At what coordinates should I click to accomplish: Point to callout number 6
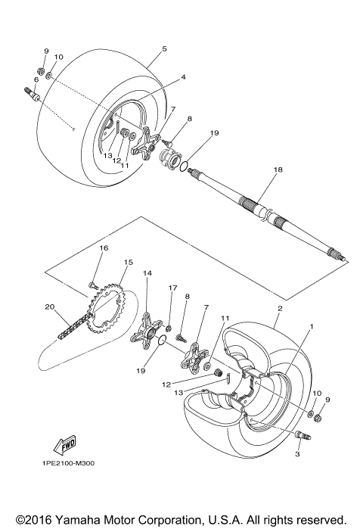click(x=36, y=79)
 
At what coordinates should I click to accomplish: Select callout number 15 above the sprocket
click(x=128, y=263)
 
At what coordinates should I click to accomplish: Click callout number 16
click(x=104, y=247)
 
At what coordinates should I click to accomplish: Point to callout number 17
click(x=173, y=288)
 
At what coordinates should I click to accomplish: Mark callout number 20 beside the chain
click(x=49, y=307)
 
